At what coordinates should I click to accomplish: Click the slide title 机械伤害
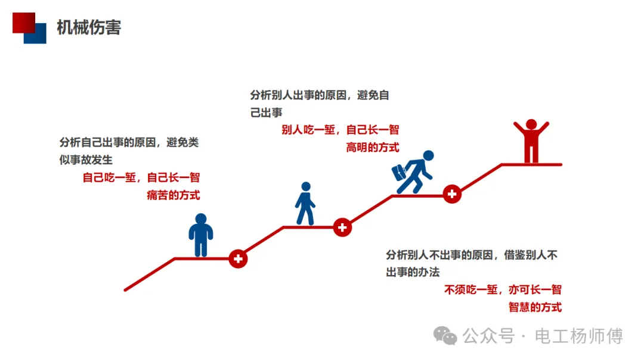(x=89, y=27)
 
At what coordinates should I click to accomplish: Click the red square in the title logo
(x=21, y=21)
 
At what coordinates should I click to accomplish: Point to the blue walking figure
(x=305, y=204)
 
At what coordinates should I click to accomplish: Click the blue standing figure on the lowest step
(x=201, y=235)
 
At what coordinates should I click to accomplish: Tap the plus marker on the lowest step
(x=238, y=258)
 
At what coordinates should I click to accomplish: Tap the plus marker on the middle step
(x=342, y=227)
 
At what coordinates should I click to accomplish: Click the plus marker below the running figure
(x=452, y=194)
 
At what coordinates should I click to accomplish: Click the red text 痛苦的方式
(x=173, y=195)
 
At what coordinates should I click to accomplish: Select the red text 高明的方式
(x=373, y=147)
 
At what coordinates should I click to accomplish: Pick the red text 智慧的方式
(x=535, y=307)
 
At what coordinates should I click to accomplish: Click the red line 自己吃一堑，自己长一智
(x=141, y=177)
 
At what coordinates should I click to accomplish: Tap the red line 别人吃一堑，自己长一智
(x=340, y=130)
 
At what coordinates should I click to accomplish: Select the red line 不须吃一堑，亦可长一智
(x=503, y=290)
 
